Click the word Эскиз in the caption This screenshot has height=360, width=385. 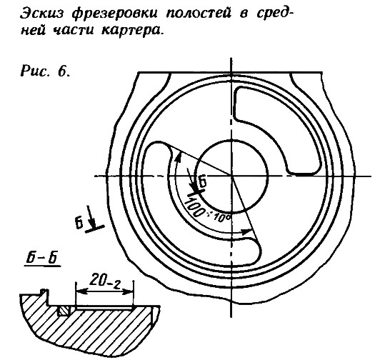pos(41,14)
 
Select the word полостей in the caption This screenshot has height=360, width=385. pos(199,14)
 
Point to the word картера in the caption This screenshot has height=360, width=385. pos(132,30)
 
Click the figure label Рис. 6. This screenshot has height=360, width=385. pos(46,71)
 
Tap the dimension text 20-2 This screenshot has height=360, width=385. pos(105,280)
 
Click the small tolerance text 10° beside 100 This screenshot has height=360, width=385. pos(221,218)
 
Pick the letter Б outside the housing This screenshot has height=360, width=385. pos(79,224)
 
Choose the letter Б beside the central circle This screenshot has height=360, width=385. pos(202,183)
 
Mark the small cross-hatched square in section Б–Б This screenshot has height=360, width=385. pos(64,311)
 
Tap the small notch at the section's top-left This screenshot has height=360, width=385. pos(44,291)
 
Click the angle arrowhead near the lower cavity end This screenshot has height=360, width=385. pos(246,231)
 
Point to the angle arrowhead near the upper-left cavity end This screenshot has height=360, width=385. pos(179,156)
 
